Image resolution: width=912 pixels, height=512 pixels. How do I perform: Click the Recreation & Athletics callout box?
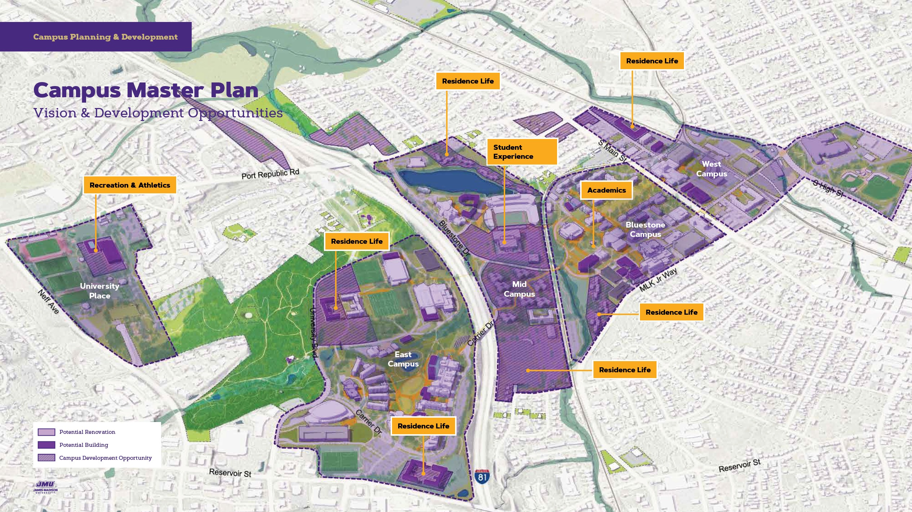pyautogui.click(x=130, y=185)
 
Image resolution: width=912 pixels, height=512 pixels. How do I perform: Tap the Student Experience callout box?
pyautogui.click(x=522, y=152)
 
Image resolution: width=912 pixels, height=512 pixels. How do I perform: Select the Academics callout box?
pyautogui.click(x=606, y=190)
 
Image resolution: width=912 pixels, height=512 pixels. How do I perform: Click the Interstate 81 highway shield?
pyautogui.click(x=482, y=477)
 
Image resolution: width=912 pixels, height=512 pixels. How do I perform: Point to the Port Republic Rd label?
pyautogui.click(x=270, y=174)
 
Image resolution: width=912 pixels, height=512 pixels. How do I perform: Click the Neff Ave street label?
pyautogui.click(x=48, y=302)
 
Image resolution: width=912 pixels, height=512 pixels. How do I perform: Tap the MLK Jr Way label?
pyautogui.click(x=658, y=280)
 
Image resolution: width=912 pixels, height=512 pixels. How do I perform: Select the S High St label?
pyautogui.click(x=828, y=188)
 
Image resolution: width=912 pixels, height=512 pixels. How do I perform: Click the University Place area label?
pyautogui.click(x=99, y=291)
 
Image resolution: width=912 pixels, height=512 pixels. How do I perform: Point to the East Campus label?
pyautogui.click(x=403, y=359)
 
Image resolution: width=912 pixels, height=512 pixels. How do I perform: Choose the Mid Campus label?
pyautogui.click(x=519, y=289)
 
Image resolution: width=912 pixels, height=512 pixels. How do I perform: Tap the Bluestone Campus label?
pyautogui.click(x=645, y=229)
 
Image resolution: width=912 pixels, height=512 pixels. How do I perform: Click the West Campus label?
pyautogui.click(x=711, y=169)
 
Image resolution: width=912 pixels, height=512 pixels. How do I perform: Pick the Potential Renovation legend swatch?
pyautogui.click(x=46, y=432)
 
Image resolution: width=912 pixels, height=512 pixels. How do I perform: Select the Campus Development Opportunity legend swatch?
pyautogui.click(x=46, y=458)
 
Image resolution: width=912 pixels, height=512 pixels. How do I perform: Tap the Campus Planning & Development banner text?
pyautogui.click(x=105, y=37)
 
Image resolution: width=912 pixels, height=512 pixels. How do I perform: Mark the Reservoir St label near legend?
pyautogui.click(x=230, y=473)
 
